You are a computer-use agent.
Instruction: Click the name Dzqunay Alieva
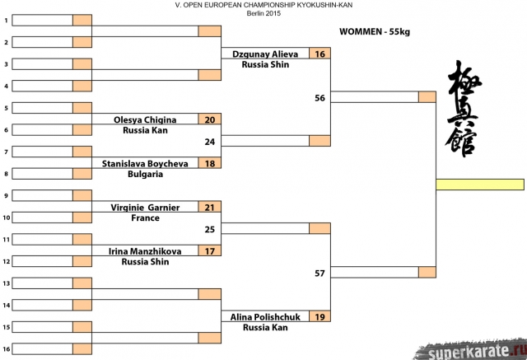(264, 53)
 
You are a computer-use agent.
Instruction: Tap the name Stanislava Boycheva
(145, 163)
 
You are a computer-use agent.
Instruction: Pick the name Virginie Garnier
(145, 208)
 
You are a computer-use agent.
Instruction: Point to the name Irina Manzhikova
(145, 251)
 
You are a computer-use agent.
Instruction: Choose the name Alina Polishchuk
(264, 316)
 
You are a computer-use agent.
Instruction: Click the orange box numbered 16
(319, 53)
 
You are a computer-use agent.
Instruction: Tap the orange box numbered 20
(210, 119)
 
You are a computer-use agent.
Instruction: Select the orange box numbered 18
(210, 163)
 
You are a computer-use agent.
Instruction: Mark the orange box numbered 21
(210, 208)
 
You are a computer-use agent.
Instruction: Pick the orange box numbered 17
(210, 251)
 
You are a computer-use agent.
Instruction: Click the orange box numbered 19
(319, 316)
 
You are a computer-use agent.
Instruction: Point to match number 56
(319, 98)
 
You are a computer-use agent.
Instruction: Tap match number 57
(319, 274)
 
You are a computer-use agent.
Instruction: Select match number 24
(210, 142)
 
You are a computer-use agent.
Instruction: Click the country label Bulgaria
(145, 175)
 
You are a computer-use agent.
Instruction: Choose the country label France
(145, 218)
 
